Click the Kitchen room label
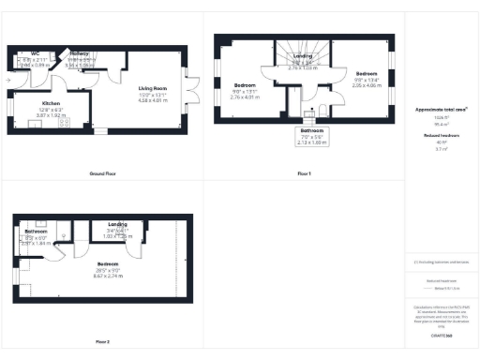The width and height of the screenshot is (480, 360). [x=50, y=103]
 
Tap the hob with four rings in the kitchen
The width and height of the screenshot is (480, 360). [x=66, y=121]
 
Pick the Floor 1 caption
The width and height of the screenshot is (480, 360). [x=304, y=174]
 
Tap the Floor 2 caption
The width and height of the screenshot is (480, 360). [x=102, y=341]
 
